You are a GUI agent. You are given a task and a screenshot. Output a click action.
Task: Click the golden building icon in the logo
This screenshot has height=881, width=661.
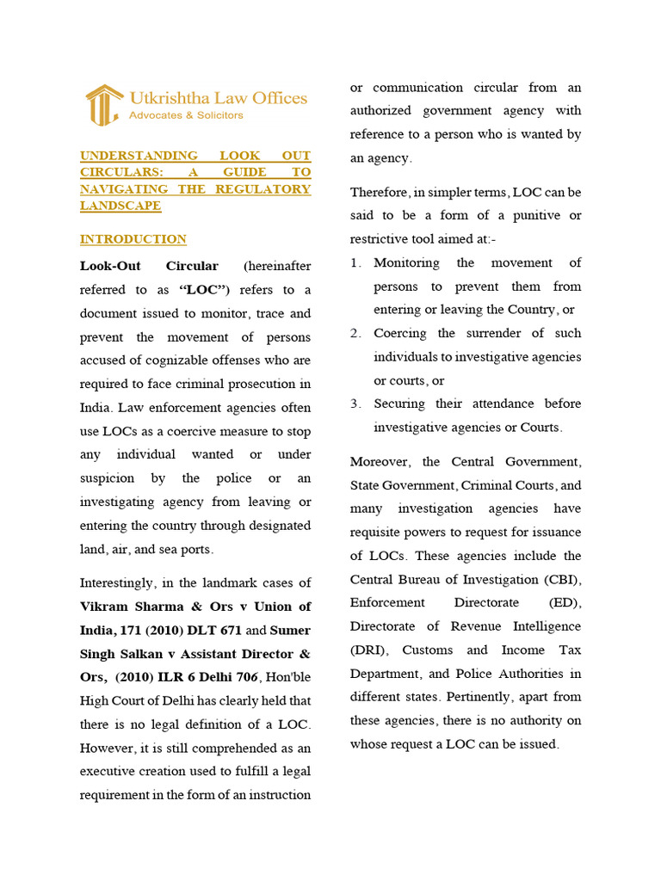point(103,105)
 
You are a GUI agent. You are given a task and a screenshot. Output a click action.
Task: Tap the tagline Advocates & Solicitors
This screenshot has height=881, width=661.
point(185,115)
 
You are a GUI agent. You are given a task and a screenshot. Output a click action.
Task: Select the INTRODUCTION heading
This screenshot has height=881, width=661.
point(133,239)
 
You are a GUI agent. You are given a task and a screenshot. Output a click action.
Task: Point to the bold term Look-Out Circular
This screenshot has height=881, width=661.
point(149,267)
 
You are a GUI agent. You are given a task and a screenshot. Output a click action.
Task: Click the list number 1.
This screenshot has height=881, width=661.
point(355,263)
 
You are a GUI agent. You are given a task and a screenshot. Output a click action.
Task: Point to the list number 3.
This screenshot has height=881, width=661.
point(355,404)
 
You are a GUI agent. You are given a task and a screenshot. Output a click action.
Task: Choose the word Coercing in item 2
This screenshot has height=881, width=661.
point(400,333)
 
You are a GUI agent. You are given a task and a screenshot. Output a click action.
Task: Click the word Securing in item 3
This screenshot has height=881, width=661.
point(400,404)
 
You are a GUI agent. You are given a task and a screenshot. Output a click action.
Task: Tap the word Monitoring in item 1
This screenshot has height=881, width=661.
point(406,262)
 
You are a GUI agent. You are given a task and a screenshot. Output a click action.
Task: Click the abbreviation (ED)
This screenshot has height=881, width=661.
point(564,603)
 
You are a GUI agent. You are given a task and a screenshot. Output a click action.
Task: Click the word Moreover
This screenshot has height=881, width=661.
point(381,462)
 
